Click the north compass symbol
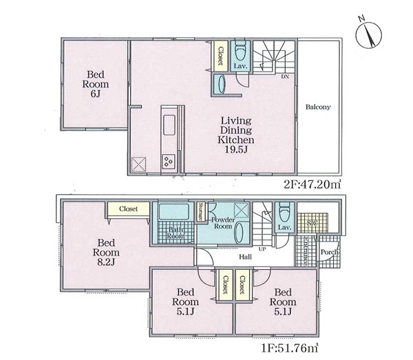click(368, 34)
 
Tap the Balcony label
click(318, 107)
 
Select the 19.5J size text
click(236, 149)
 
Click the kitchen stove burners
click(169, 160)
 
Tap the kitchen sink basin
click(169, 125)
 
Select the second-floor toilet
click(240, 50)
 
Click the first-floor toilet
click(284, 213)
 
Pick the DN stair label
click(285, 76)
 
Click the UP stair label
click(262, 249)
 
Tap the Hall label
click(245, 257)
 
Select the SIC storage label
click(312, 223)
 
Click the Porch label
click(330, 252)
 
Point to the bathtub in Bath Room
click(174, 211)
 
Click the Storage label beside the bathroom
click(201, 211)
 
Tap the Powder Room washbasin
click(239, 233)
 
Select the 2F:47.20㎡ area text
click(313, 184)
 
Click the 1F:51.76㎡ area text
click(290, 348)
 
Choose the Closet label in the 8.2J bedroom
click(128, 209)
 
